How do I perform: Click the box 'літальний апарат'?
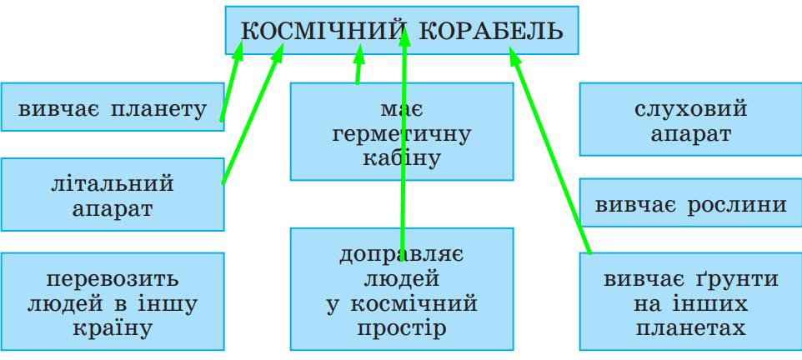pyautogui.click(x=112, y=194)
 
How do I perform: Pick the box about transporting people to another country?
pyautogui.click(x=112, y=301)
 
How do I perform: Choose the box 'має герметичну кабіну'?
pyautogui.click(x=401, y=131)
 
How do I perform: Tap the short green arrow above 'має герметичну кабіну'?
pyautogui.click(x=358, y=67)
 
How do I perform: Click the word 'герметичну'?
pyautogui.click(x=401, y=132)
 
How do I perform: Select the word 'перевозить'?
pyautogui.click(x=112, y=278)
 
